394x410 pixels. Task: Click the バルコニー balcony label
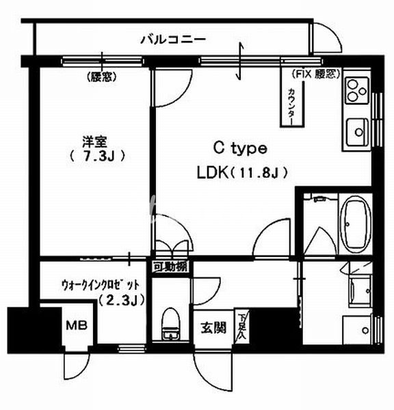coord(173,39)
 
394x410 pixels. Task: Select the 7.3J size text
coord(96,156)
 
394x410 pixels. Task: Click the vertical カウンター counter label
coord(291,104)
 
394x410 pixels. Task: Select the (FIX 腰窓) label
coord(315,73)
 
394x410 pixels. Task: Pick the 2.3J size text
coord(118,299)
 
